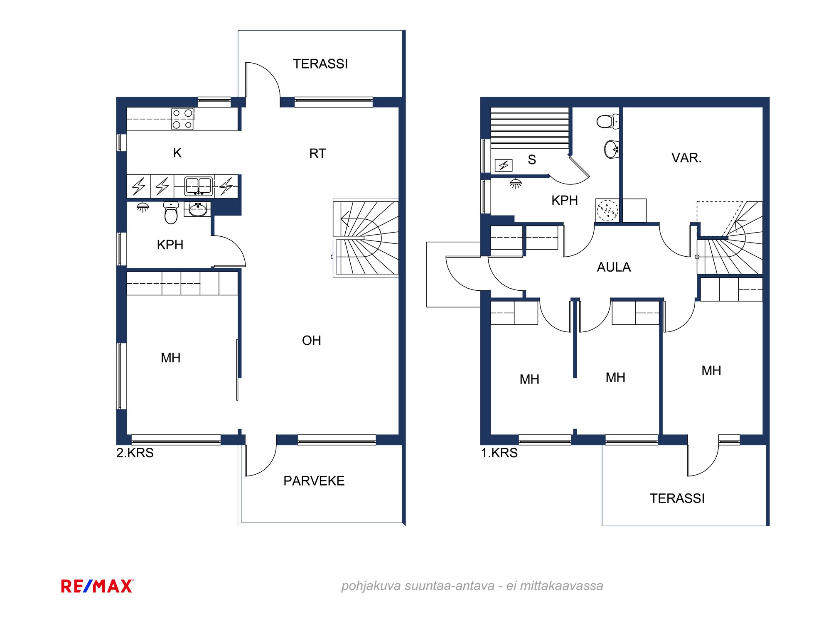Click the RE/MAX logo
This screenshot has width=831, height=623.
coord(97,586)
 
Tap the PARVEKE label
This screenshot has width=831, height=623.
coord(314,481)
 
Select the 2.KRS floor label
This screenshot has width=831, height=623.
coord(135,453)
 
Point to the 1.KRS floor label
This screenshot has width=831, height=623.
coord(499,453)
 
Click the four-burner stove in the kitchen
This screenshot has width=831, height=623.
coord(182,119)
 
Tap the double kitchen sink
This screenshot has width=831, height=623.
coord(199,186)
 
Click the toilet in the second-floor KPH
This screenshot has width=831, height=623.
coord(171,213)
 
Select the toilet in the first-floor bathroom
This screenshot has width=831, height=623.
coord(608,122)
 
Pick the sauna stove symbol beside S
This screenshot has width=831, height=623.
coord(504,165)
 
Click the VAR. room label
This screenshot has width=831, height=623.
coord(686,158)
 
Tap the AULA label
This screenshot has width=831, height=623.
coord(614,267)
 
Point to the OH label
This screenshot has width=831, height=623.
coord(312,341)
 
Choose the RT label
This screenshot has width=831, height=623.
coord(317,154)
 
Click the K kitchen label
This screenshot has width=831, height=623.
coord(177,153)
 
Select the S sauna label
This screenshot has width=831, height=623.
coord(532,159)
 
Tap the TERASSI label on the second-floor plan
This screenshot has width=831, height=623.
coord(320,64)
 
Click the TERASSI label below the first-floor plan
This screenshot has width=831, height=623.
coord(677,498)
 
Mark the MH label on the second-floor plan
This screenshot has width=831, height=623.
coord(171,358)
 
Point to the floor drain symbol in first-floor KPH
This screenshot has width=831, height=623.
coord(607,210)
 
